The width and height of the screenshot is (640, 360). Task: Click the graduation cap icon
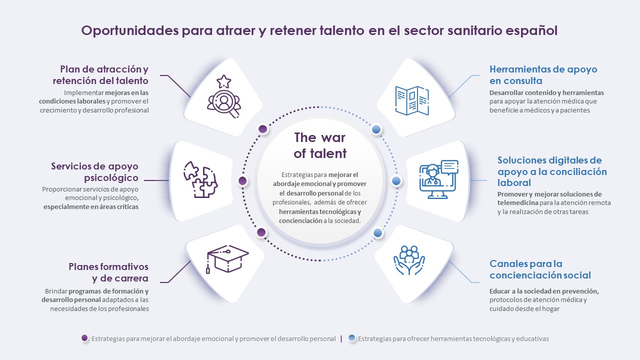click(227, 259)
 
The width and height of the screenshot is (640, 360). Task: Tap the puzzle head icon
click(200, 179)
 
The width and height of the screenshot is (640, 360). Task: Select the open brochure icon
click(412, 100)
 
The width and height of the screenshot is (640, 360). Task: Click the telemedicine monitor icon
click(438, 179)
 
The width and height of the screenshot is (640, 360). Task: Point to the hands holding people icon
click(409, 260)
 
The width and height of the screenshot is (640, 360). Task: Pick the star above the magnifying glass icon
click(223, 81)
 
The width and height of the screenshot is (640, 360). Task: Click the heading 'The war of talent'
click(320, 145)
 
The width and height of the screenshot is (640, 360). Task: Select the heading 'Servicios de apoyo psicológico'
click(94, 171)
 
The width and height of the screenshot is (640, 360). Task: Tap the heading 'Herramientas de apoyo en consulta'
click(543, 75)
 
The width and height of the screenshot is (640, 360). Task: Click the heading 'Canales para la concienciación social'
click(540, 269)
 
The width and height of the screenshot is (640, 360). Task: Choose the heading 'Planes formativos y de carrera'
click(108, 272)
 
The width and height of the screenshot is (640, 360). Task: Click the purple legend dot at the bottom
click(84, 338)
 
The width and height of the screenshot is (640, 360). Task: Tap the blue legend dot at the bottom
click(351, 338)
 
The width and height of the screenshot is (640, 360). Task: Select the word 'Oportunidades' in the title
click(130, 30)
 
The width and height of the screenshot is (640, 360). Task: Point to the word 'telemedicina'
click(517, 203)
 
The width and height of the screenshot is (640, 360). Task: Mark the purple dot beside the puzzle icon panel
click(242, 181)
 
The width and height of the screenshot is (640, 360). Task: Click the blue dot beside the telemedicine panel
click(396, 180)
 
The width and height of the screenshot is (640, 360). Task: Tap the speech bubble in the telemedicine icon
click(449, 167)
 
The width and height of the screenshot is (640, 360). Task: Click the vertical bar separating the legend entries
click(341, 339)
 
